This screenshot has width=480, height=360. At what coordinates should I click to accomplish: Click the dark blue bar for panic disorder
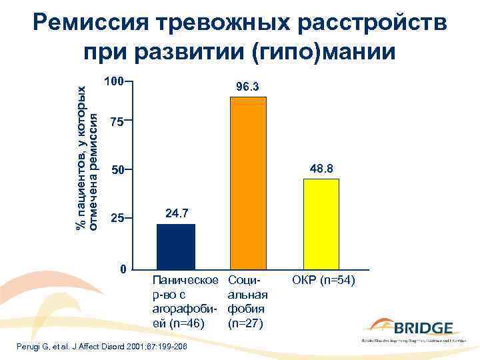pos(176,247)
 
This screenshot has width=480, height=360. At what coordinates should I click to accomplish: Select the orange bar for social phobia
pos(248,183)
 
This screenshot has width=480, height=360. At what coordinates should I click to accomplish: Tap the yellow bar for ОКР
pos(321,224)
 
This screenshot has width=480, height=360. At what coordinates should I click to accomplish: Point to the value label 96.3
pos(247,87)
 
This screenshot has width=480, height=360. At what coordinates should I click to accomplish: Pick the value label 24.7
pos(177,213)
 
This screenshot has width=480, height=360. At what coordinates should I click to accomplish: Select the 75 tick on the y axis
pos(117,122)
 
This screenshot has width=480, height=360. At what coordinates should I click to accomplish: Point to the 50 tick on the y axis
pos(117,171)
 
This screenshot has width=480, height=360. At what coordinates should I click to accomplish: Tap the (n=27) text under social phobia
pos(246,324)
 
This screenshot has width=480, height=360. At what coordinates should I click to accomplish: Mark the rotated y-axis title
pos(89,159)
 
